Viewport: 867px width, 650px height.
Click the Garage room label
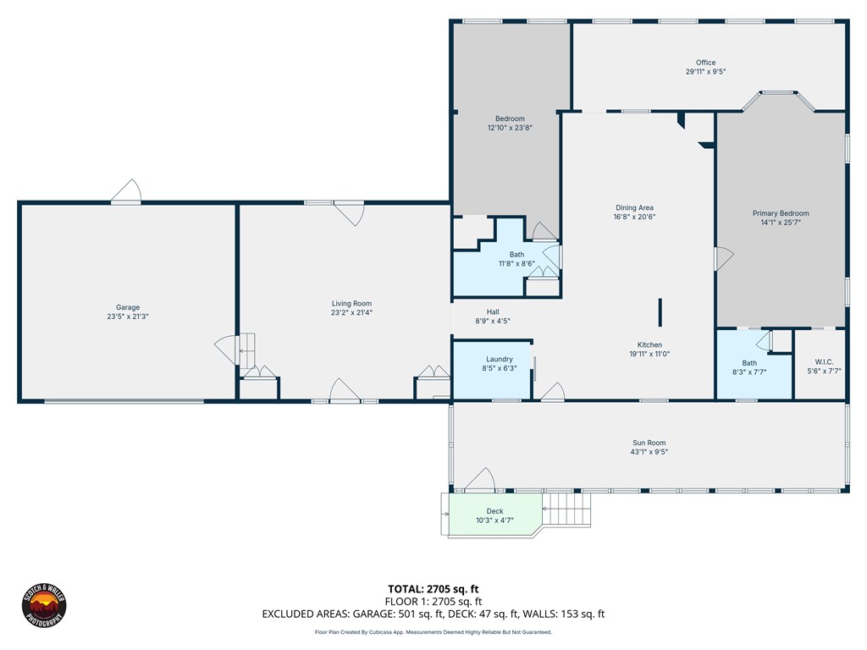point(128,307)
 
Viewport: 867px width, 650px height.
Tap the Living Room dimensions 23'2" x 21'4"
point(351,312)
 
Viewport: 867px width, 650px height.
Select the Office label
point(705,63)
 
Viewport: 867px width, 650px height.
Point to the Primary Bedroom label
point(781,213)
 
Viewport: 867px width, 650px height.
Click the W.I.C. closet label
point(824,362)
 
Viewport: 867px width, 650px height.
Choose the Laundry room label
point(500,359)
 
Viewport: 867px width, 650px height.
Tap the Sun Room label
point(649,443)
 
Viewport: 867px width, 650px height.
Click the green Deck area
point(494,515)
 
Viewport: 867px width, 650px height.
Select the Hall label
point(493,311)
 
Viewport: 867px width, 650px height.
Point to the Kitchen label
point(649,345)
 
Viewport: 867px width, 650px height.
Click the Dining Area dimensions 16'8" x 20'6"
point(635,217)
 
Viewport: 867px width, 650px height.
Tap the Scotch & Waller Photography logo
point(44,605)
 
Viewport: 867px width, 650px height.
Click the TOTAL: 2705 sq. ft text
point(433,589)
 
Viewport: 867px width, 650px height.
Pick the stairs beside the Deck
point(566,509)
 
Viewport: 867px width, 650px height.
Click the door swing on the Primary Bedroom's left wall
point(724,258)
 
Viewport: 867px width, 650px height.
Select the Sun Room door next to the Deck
point(479,479)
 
